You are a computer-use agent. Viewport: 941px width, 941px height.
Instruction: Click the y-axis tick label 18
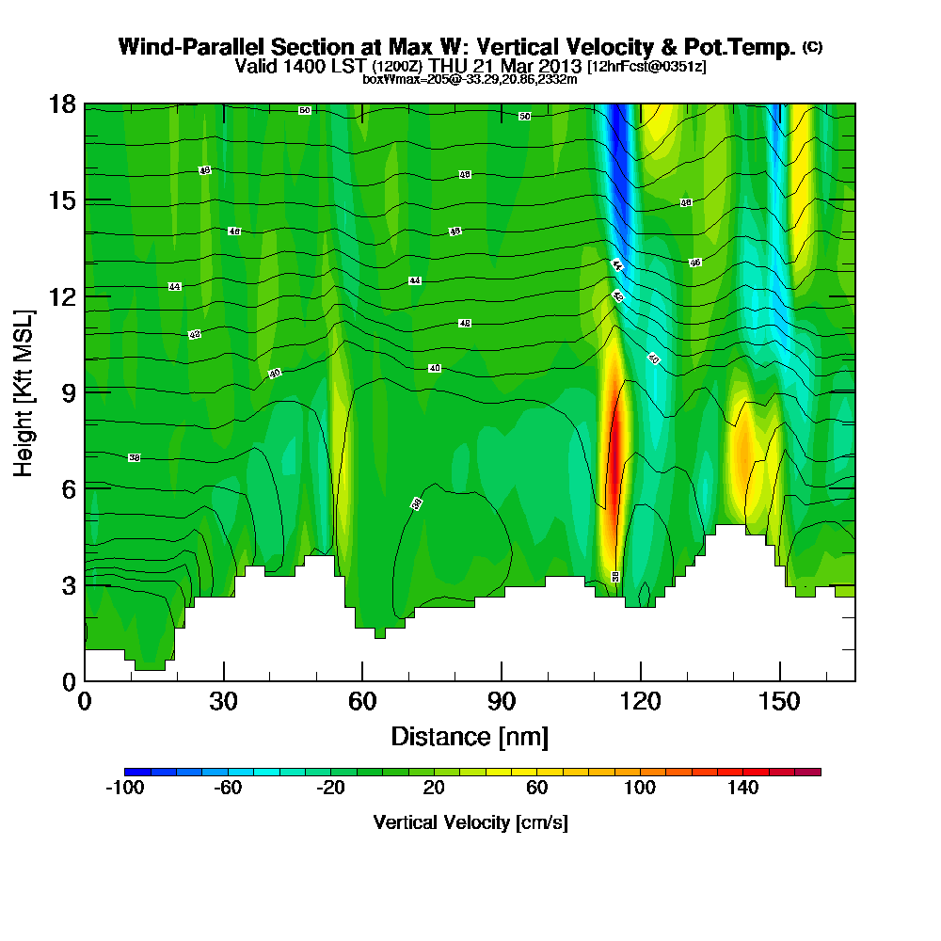coord(61,104)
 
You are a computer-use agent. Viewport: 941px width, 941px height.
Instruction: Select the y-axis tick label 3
coord(68,584)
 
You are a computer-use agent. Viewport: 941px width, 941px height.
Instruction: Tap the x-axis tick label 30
coord(223,701)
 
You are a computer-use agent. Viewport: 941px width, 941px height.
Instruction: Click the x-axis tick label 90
coord(501,701)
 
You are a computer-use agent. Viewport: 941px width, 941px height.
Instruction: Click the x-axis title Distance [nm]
coord(470,735)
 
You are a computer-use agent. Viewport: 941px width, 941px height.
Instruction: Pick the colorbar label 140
coord(743,789)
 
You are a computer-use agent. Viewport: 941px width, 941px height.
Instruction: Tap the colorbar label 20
coord(434,789)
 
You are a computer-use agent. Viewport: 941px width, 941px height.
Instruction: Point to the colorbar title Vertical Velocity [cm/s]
coord(470,822)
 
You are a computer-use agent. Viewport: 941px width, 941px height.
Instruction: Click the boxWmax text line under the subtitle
coord(470,79)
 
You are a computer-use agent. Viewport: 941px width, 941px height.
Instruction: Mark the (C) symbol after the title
coord(812,46)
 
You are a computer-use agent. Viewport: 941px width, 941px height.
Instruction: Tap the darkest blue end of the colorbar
coord(129,772)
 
